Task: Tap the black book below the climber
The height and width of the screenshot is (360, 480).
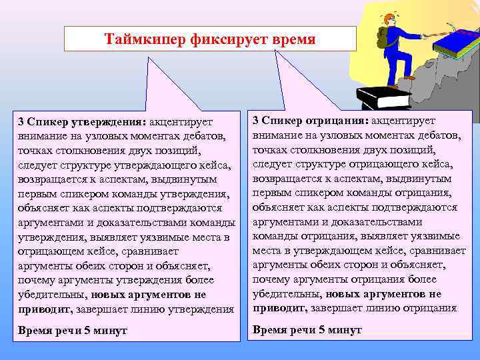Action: tap(383, 97)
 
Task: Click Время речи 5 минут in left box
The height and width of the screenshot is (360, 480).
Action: tap(73, 331)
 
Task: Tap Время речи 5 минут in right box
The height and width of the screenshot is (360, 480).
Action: tap(307, 330)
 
